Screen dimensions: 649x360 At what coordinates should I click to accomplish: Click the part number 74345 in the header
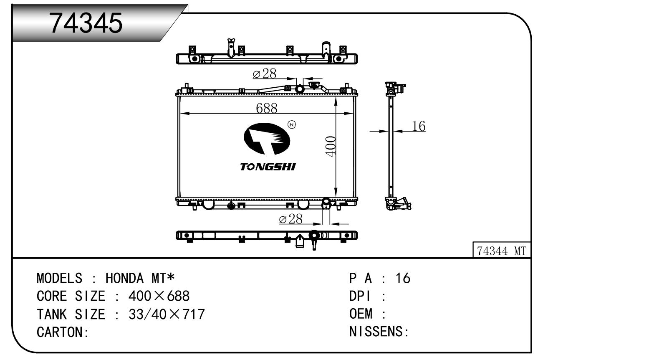[86, 23]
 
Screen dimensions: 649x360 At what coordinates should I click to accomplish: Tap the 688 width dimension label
[267, 108]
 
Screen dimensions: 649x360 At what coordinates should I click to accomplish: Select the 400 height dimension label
[331, 146]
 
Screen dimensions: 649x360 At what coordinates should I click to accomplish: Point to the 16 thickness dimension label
[418, 126]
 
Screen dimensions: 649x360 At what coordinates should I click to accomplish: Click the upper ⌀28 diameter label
[265, 74]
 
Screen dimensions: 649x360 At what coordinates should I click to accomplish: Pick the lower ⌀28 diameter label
[290, 219]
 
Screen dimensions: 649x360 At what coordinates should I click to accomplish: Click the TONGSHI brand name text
[268, 167]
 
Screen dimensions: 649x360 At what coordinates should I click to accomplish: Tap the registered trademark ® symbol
[291, 124]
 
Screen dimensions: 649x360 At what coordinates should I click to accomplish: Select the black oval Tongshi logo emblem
[267, 139]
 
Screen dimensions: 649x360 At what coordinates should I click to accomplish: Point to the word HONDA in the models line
[124, 278]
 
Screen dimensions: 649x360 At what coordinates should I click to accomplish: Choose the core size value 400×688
[159, 296]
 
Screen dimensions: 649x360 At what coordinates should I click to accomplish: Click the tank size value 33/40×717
[167, 314]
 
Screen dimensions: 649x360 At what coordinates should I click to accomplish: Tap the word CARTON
[60, 332]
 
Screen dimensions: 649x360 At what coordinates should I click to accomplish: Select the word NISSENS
[376, 332]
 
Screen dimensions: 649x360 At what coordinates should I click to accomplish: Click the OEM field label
[361, 314]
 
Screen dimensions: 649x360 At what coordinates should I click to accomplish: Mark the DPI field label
[359, 296]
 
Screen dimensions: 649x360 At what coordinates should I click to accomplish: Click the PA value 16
[403, 278]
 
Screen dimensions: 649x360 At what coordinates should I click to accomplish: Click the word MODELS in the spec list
[60, 278]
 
